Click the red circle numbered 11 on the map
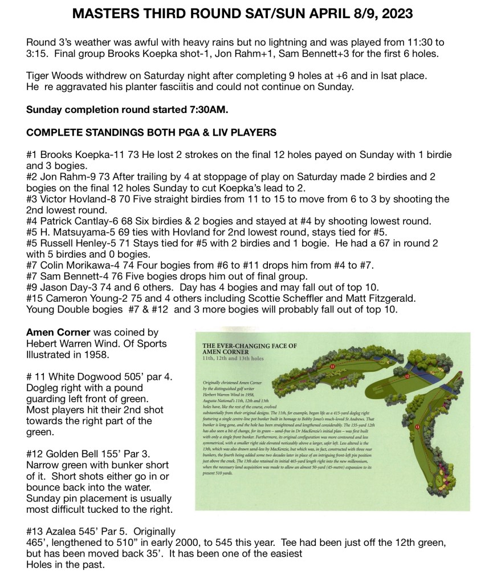coord(333,367)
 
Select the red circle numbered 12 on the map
coord(407,376)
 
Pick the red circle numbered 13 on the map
coord(417,427)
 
